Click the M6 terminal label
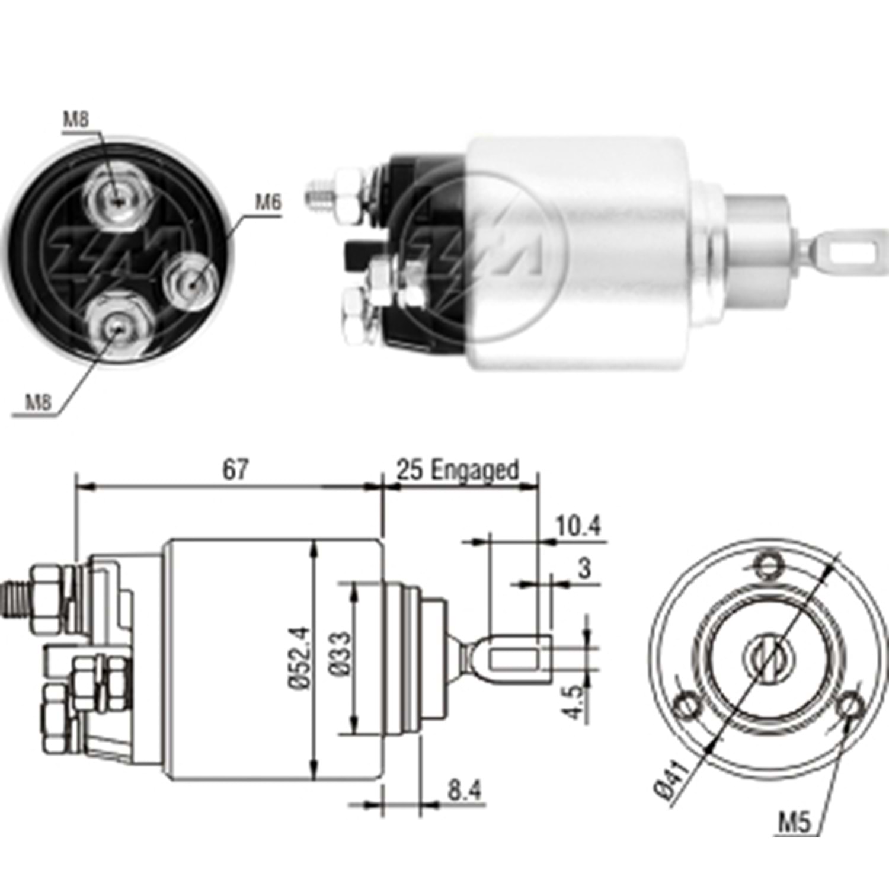(267, 203)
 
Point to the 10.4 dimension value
(578, 526)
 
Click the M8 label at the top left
(76, 120)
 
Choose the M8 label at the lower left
(38, 403)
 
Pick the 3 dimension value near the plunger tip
(584, 569)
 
